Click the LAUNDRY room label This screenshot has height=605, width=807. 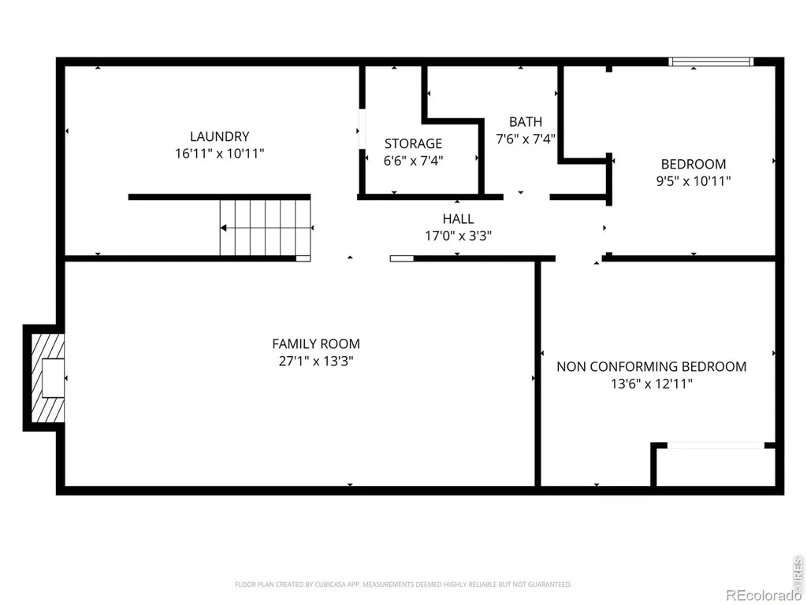[x=220, y=136]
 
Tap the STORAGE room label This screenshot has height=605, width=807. [x=413, y=143]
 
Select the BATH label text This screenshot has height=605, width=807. [x=526, y=122]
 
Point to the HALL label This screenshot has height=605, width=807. [x=458, y=219]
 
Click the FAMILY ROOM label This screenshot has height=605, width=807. [x=316, y=343]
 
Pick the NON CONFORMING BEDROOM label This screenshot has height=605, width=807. [x=652, y=366]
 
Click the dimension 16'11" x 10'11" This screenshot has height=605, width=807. [x=220, y=154]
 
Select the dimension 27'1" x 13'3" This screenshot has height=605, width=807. [x=316, y=361]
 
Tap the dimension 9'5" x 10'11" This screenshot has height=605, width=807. [x=694, y=181]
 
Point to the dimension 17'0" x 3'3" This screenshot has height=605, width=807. [x=458, y=236]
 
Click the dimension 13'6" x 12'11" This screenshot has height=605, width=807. [x=652, y=384]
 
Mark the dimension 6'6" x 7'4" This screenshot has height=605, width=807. [x=413, y=161]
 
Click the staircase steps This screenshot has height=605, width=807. [x=266, y=228]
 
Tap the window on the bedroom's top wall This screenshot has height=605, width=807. [x=711, y=61]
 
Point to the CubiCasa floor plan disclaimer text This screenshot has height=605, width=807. [x=403, y=585]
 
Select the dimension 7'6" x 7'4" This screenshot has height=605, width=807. [x=526, y=139]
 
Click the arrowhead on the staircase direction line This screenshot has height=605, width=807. [x=224, y=228]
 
